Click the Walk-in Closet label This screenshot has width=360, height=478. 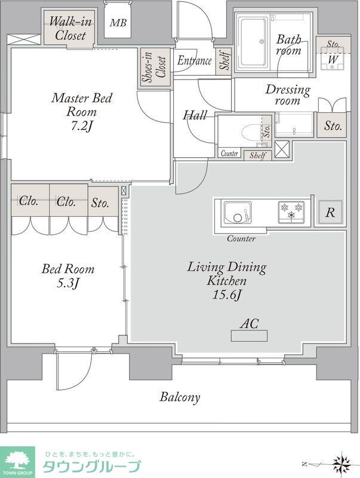[x=70, y=29]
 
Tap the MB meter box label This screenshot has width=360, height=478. [x=118, y=23]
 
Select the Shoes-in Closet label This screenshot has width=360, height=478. [x=155, y=68]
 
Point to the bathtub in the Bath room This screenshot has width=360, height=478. [x=253, y=42]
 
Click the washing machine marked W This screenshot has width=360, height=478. [x=333, y=59]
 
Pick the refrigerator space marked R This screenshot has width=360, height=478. [x=331, y=212]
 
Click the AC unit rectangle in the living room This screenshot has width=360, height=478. [x=249, y=336]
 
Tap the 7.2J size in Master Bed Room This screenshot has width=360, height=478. [x=81, y=127]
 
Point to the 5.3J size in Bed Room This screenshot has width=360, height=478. [x=68, y=283]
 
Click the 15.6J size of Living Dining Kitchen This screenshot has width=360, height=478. [x=227, y=295]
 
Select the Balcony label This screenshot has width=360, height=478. [x=180, y=397]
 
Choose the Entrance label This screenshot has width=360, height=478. [x=194, y=60]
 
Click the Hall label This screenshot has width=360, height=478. [x=195, y=115]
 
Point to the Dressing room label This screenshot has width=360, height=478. [x=288, y=95]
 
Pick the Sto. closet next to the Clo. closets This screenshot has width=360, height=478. [x=100, y=203]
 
